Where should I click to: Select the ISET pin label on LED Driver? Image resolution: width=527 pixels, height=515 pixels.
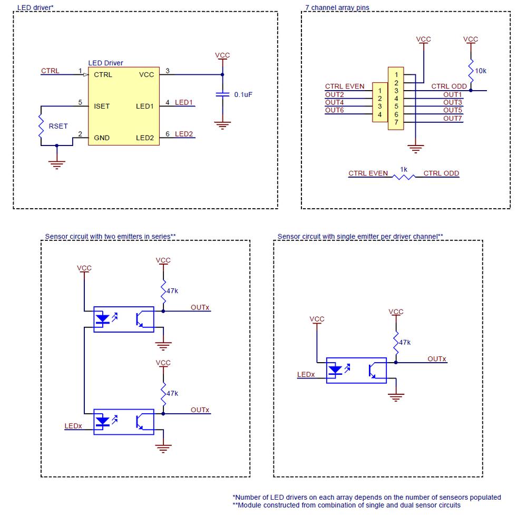point(102,106)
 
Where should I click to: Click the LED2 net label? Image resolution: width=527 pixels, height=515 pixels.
point(184,134)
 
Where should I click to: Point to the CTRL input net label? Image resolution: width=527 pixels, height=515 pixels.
point(50,71)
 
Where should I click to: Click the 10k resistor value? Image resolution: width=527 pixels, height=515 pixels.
point(481,71)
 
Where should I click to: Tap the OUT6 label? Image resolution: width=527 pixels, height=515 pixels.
point(334,110)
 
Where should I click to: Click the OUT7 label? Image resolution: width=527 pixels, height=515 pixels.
point(452,118)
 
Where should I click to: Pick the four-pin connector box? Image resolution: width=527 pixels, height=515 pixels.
point(380,102)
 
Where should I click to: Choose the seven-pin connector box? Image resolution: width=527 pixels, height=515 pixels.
point(396,98)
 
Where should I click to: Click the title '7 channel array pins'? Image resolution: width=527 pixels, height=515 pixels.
point(337,8)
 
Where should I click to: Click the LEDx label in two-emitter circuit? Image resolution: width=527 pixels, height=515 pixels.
point(73,425)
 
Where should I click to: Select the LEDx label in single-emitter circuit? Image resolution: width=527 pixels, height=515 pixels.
point(306,375)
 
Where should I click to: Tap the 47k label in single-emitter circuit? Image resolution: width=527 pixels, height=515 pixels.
point(404,343)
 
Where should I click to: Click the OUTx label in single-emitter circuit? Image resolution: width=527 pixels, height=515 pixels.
point(436,359)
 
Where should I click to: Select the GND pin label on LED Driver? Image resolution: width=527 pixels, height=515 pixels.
point(102,138)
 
